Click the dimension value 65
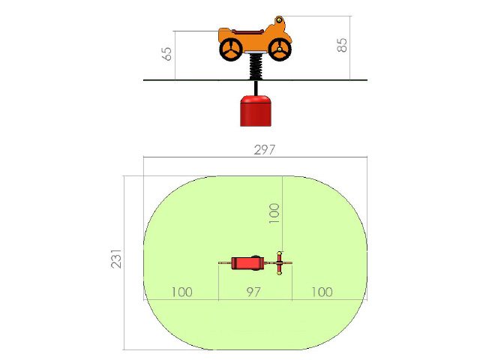(167, 54)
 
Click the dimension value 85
(342, 45)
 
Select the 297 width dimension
(265, 150)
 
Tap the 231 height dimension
(116, 259)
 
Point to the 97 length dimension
(253, 292)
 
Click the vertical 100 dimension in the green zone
(274, 213)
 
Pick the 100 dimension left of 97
(181, 292)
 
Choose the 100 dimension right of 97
(322, 292)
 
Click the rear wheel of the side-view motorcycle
(231, 49)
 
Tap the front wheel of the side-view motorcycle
(280, 49)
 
